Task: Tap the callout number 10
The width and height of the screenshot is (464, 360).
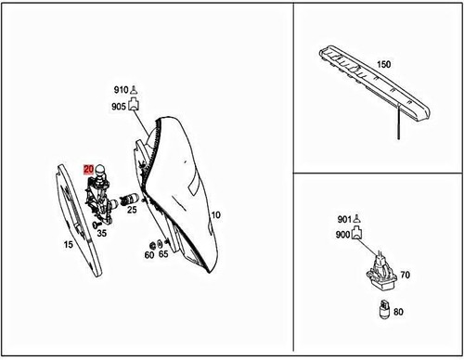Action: click(x=216, y=215)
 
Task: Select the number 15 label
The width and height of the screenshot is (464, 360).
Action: click(x=68, y=245)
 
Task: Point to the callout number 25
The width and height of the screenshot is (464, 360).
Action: click(x=132, y=210)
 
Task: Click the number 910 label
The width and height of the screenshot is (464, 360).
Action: click(x=120, y=90)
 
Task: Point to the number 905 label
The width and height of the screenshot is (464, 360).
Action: click(x=120, y=106)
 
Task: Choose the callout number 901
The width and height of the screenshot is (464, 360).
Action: click(x=345, y=220)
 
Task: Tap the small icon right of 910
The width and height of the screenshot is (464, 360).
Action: click(x=135, y=89)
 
